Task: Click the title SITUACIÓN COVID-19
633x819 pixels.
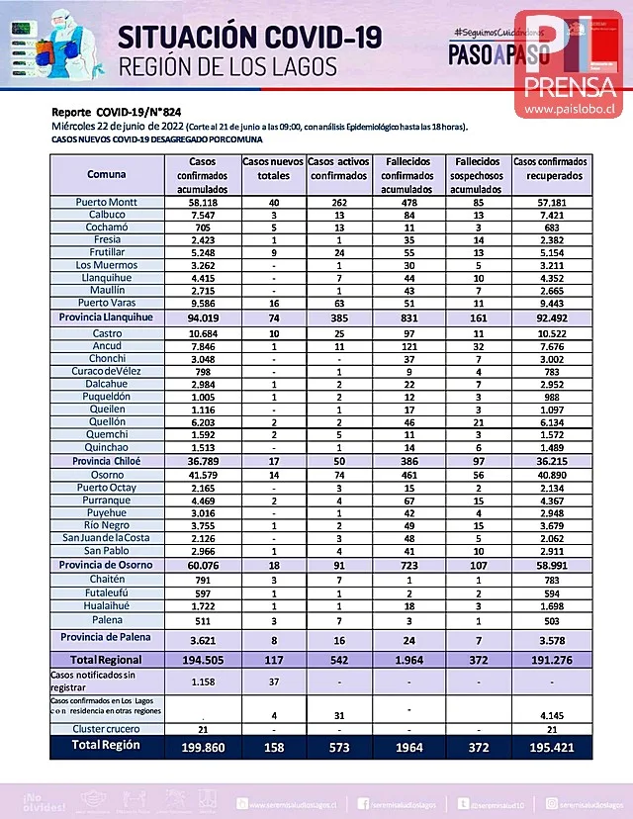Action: pos(248,38)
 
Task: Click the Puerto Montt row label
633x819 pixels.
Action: pos(106,202)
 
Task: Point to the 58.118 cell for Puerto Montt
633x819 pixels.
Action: pos(203,202)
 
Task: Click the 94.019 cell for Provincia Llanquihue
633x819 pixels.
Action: pos(203,319)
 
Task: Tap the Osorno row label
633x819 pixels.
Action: pos(106,475)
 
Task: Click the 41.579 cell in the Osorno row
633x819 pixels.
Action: pos(203,475)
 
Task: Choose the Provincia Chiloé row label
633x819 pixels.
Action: pos(106,461)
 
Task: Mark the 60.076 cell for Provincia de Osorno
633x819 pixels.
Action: pos(203,565)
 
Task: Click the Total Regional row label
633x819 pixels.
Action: pos(106,659)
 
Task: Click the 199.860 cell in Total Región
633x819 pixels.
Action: pos(203,747)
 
